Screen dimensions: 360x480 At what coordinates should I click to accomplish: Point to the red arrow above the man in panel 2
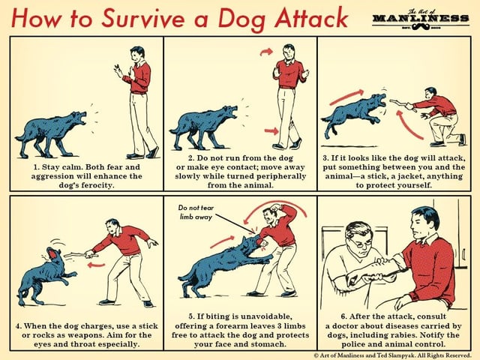265,52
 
